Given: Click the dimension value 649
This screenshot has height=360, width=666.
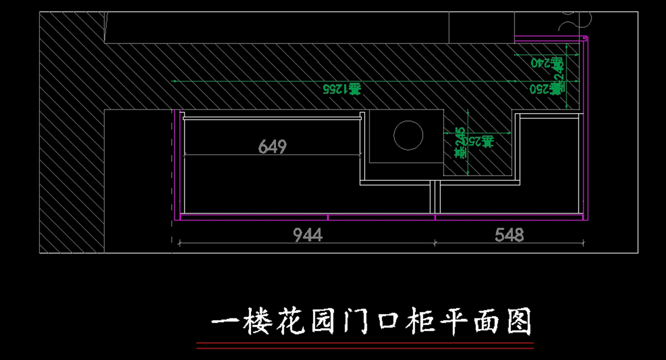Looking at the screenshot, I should pos(273,147).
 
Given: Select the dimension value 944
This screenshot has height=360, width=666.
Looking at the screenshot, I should pos(308,235).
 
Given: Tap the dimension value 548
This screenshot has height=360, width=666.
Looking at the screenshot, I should pos(509,235).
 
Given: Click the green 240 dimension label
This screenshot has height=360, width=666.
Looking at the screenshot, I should pos(542,62).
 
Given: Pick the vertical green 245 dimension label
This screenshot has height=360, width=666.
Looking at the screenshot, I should pos(461,143).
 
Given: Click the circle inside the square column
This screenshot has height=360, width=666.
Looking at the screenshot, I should pos(408,135).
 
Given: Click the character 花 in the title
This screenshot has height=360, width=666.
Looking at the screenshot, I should pos(291,322).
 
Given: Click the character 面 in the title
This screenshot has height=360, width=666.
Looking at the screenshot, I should pos(487,322).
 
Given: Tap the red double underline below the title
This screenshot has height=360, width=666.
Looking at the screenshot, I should pos(365,346).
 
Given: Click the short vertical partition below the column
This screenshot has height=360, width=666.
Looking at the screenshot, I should pos(436,197).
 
